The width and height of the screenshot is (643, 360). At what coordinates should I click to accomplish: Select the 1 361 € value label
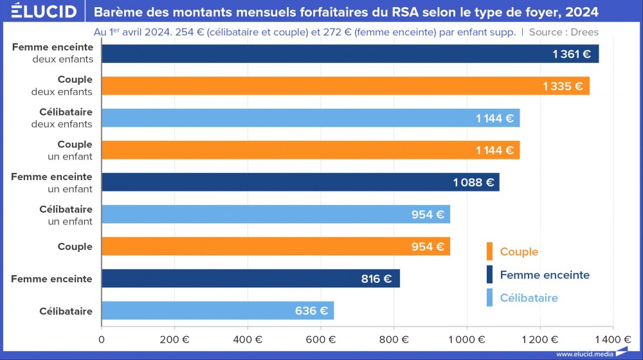571,54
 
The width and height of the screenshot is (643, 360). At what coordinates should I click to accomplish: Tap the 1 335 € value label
562,86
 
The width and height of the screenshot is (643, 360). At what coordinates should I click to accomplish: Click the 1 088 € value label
473,183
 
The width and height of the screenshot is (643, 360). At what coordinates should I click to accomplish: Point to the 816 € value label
376,279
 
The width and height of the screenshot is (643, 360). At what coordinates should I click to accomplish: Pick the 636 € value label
311,311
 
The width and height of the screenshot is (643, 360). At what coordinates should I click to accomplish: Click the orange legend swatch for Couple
489,252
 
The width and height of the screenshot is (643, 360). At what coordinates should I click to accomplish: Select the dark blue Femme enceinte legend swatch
489,275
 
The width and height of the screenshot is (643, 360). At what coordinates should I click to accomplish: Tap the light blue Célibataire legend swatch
489,298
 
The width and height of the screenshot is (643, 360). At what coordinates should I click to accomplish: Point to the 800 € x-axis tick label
394,339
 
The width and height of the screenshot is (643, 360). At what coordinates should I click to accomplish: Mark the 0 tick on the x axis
102,339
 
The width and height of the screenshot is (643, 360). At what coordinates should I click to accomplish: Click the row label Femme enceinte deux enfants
53,53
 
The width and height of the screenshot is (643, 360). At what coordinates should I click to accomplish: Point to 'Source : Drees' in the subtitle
564,32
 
